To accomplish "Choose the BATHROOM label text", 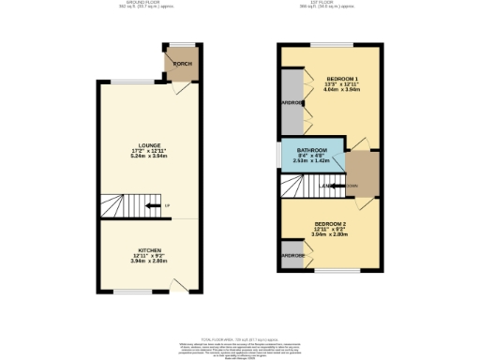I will click(x=311, y=151).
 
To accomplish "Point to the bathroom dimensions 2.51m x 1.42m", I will click(x=311, y=161).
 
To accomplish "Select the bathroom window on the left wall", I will click(x=278, y=156).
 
